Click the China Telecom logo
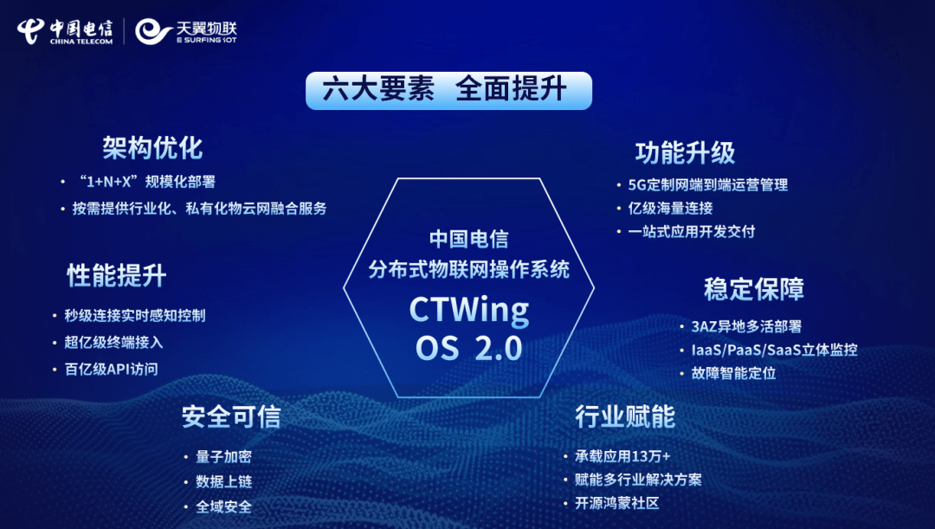pos(64,30)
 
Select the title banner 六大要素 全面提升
pos(448,90)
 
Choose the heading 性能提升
pos(116,275)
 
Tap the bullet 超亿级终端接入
pos(113,342)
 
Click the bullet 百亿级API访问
pos(111,369)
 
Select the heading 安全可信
pos(230,417)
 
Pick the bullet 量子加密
pos(223,456)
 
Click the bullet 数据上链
pos(223,481)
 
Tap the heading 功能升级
pos(685,153)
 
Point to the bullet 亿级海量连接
pos(670,208)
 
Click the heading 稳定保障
pos(753,288)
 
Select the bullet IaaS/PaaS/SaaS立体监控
pos(774,350)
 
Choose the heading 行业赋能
pos(624,416)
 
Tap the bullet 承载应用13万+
pos(622,456)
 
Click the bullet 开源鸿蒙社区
pos(617,503)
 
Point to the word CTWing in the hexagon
pos(468,310)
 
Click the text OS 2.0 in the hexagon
pos(468,348)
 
